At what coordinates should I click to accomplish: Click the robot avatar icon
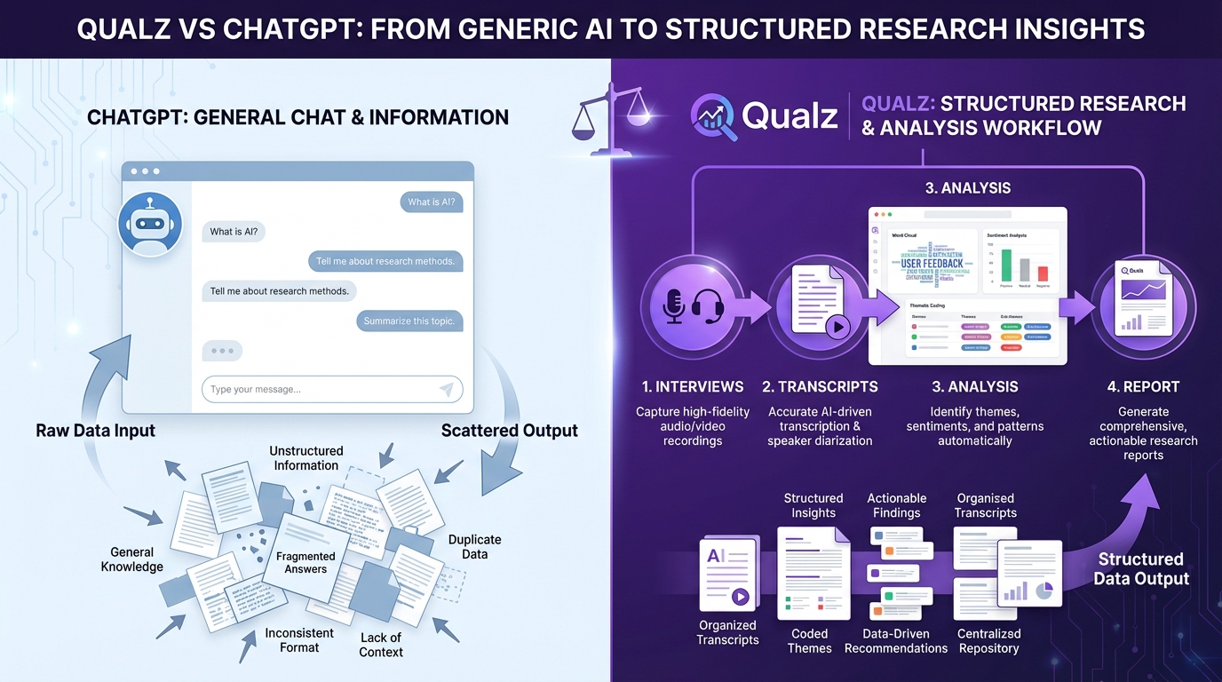(x=150, y=224)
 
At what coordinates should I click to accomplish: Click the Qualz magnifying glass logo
(x=714, y=117)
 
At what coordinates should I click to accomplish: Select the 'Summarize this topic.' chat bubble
(x=409, y=321)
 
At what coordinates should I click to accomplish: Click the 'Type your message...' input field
(x=320, y=389)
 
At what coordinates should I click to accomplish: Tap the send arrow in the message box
(x=446, y=389)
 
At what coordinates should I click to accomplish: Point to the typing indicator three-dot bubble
(x=222, y=351)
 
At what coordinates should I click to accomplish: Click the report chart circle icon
(x=1143, y=307)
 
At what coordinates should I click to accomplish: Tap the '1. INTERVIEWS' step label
(x=693, y=387)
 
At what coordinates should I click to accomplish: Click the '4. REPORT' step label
(x=1143, y=387)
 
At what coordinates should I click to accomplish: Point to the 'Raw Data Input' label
(x=95, y=431)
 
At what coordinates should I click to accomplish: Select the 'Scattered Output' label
(x=509, y=431)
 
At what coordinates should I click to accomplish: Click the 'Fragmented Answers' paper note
(x=305, y=561)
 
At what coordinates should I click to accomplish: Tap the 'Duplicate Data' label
(x=474, y=546)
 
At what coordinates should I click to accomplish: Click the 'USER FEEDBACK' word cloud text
(x=931, y=263)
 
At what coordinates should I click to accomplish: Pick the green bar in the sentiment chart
(x=1006, y=266)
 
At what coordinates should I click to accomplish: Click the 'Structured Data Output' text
(x=1140, y=569)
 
